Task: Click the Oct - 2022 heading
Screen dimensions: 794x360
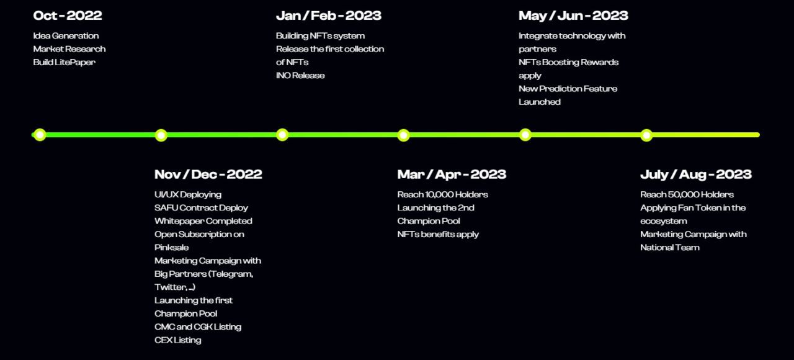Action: click(x=68, y=16)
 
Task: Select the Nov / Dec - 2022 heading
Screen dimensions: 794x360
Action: click(x=208, y=174)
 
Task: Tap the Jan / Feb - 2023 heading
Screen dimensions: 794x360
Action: click(x=329, y=16)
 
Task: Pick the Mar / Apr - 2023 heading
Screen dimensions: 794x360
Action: click(x=452, y=174)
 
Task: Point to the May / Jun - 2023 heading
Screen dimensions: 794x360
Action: click(x=573, y=16)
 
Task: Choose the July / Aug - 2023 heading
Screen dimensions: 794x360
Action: click(x=696, y=174)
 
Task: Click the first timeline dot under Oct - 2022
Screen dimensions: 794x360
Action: click(x=40, y=135)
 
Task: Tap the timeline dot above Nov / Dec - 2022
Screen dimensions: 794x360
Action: click(x=161, y=135)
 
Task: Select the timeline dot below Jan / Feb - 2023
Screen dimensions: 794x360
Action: click(x=282, y=135)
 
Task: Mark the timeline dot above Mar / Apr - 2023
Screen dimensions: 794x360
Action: click(x=403, y=135)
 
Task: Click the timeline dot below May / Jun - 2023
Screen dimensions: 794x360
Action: click(x=525, y=135)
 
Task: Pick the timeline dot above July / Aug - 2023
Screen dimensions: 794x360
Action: click(x=646, y=135)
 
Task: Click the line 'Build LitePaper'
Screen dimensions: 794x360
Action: click(x=64, y=63)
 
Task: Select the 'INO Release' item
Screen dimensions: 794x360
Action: click(x=300, y=76)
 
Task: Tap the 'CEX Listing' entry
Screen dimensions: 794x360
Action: click(x=177, y=340)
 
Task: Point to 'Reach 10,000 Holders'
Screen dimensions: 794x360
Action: click(x=442, y=195)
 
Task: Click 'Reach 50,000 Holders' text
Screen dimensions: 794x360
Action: click(x=687, y=195)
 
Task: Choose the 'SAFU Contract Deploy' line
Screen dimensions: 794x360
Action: click(x=201, y=208)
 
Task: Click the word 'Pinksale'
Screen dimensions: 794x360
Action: click(x=172, y=248)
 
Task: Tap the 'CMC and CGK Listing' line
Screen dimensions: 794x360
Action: click(x=198, y=327)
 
